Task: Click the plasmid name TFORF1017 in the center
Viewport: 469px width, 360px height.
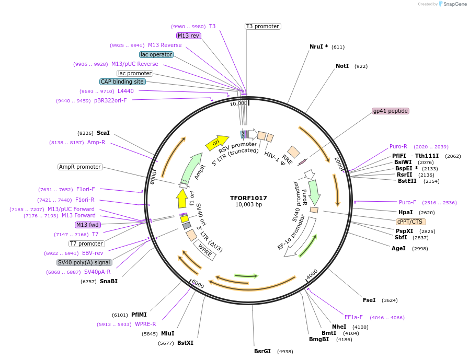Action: [248, 198]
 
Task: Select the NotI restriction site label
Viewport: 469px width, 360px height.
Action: [342, 66]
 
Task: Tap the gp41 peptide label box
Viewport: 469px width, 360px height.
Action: [390, 111]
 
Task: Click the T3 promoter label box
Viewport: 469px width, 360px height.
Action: [262, 26]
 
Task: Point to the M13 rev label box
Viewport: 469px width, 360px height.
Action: [188, 36]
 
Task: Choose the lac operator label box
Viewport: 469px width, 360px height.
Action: [156, 54]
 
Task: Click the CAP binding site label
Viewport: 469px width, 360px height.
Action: [122, 82]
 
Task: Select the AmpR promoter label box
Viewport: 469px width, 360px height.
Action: [80, 167]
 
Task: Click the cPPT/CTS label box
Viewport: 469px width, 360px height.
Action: [410, 222]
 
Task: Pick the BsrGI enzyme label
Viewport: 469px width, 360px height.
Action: [262, 351]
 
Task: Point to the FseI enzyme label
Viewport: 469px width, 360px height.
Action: [369, 300]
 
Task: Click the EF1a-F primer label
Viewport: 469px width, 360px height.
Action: [353, 317]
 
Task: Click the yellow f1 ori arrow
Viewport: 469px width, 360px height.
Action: [182, 199]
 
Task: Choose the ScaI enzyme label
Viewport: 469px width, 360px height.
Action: [103, 133]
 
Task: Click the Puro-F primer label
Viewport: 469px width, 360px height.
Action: [407, 202]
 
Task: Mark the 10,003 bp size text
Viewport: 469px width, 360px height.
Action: [248, 205]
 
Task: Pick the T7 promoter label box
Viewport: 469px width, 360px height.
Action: [86, 243]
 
